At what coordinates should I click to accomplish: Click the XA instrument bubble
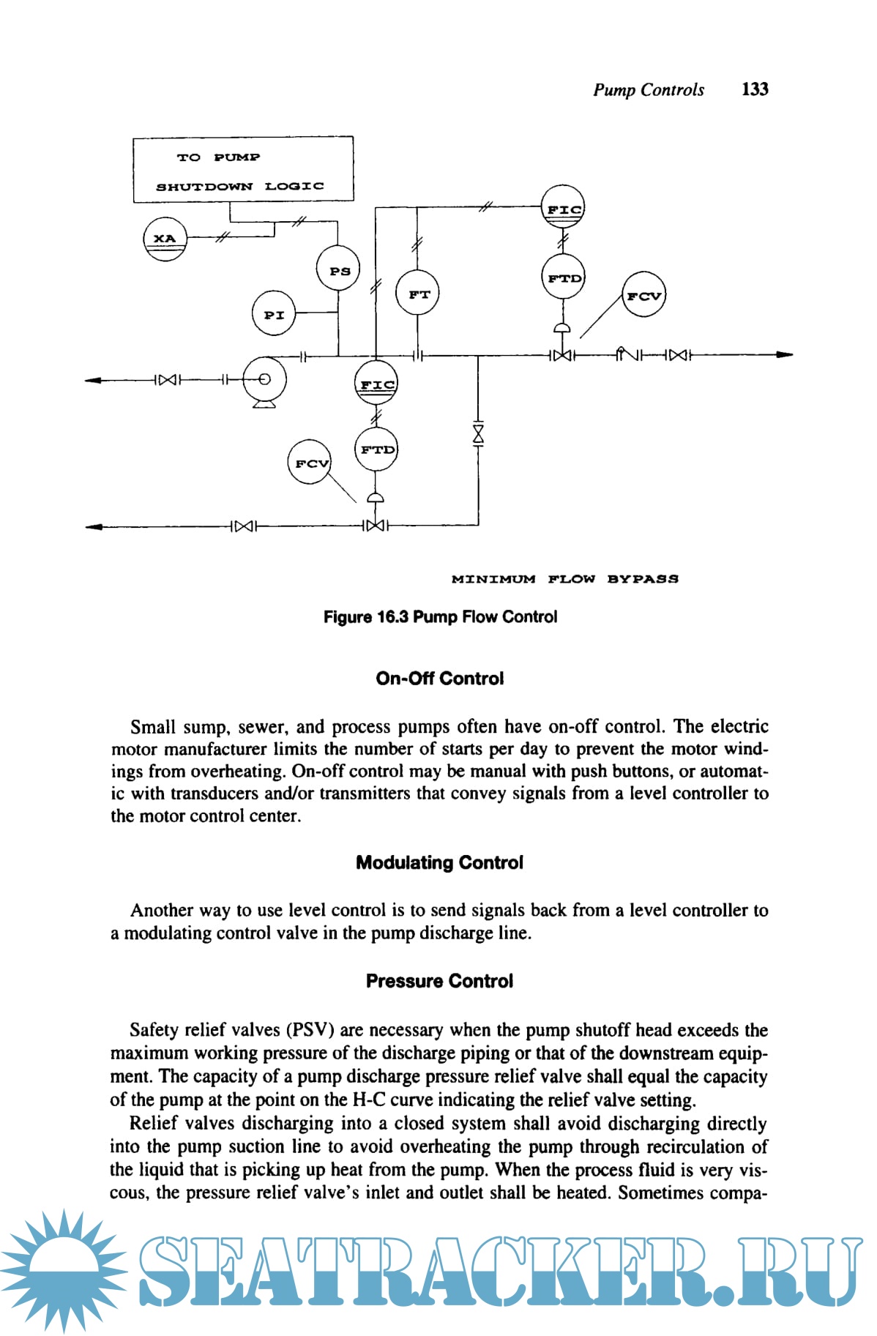[165, 239]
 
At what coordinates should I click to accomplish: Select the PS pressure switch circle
[338, 269]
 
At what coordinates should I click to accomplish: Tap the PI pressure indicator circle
[274, 313]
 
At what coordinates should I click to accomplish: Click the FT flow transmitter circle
[417, 293]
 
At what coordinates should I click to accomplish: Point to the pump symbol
[264, 379]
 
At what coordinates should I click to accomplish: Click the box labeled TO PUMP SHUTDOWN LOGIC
[243, 170]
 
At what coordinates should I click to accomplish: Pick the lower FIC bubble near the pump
[376, 383]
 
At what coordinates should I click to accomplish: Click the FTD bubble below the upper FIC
[564, 277]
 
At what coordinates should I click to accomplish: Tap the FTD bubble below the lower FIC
[376, 449]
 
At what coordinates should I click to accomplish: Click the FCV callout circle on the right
[643, 295]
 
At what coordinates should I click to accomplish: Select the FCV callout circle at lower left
[310, 462]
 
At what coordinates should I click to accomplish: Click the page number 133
[755, 89]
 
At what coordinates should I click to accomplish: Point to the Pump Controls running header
[649, 90]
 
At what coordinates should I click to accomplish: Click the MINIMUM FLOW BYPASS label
[565, 579]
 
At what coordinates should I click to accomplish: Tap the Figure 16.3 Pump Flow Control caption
[440, 617]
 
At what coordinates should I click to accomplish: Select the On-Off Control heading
[439, 679]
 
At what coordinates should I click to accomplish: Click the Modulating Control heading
[439, 862]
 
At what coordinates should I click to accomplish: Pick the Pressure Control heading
[439, 981]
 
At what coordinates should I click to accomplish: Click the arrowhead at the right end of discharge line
[785, 355]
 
